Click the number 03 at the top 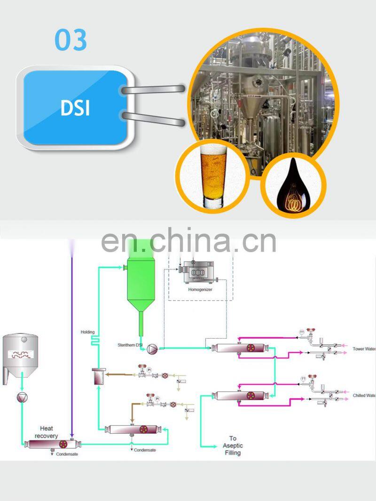tap(71, 40)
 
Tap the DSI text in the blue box tap(75, 107)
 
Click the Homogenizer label tap(200, 290)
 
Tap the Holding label tap(87, 332)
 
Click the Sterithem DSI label tap(130, 345)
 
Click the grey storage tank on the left tap(20, 355)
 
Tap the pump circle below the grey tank tap(22, 398)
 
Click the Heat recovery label tap(47, 432)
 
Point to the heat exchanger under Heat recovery tap(52, 444)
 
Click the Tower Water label tap(364, 349)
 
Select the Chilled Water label tap(364, 396)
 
